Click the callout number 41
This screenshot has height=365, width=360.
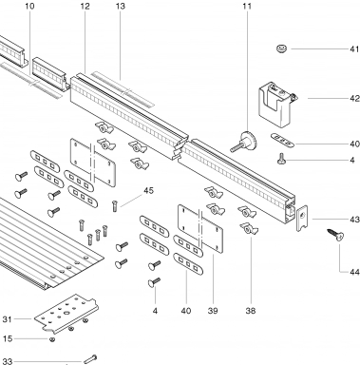coord(354,49)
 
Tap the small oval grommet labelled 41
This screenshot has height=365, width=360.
coord(281,48)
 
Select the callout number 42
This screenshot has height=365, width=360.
coord(355,99)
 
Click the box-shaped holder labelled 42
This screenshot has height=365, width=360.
coord(276,105)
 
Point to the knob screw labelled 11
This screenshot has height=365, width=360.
coord(244,142)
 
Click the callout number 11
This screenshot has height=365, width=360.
coord(247,6)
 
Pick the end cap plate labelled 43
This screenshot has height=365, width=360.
coord(302,218)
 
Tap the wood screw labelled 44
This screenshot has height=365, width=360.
coord(336,235)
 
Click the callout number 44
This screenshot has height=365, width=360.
coord(354,272)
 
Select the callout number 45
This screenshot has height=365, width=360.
coord(148,190)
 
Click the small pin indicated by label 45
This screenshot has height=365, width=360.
coord(115,205)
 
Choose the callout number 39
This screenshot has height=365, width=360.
coord(213,311)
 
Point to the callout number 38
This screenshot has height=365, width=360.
coord(251,311)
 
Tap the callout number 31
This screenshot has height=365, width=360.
coord(7,319)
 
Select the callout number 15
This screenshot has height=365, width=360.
coord(8,338)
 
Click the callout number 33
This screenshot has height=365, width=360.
coord(7,361)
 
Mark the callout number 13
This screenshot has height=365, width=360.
coord(121,6)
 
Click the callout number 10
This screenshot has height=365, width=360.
coord(29,6)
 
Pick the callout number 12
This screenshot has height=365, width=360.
coord(85,6)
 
